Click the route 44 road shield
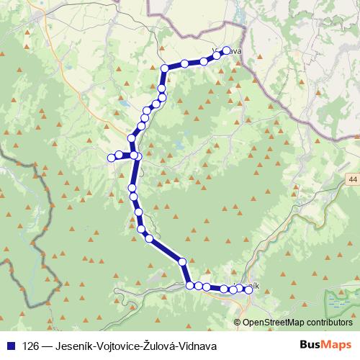(x=351, y=178)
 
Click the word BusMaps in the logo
(x=328, y=345)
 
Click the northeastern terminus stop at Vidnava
(x=227, y=50)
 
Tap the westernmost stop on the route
(x=111, y=157)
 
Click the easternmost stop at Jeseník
(x=249, y=289)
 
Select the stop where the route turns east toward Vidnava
(x=165, y=68)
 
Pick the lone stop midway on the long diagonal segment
(x=182, y=261)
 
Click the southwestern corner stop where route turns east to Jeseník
(x=190, y=285)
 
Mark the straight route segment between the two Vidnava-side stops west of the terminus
(x=194, y=63)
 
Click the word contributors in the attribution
(x=328, y=322)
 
